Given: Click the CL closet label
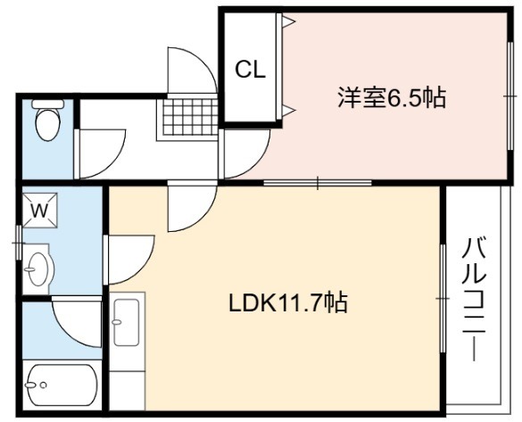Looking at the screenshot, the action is [251, 70].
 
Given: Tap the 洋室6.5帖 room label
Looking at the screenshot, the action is [392, 97].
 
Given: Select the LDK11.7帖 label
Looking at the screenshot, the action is [288, 302].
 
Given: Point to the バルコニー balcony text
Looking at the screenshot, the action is [474, 300].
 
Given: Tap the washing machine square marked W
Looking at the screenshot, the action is [40, 211].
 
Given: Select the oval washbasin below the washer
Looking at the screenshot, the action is [39, 269].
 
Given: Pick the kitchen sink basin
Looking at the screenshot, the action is [126, 322].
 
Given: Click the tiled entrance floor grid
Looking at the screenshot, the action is [187, 118].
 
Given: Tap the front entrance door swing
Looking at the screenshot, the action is [192, 70].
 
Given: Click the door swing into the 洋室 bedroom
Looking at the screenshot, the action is [245, 153].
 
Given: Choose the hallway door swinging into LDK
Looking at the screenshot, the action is [193, 206].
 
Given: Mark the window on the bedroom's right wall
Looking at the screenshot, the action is [510, 96].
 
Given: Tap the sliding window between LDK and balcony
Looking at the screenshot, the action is [443, 298].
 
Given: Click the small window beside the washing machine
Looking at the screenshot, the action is [19, 244].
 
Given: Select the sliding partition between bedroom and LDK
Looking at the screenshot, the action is [318, 183].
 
